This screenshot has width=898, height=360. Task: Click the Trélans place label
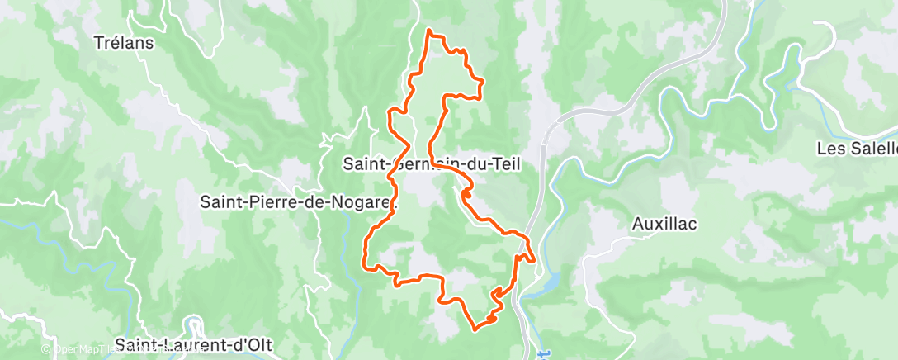(x=124, y=42)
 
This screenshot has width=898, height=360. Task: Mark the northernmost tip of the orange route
(x=429, y=31)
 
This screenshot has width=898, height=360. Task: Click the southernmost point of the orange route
(x=476, y=329)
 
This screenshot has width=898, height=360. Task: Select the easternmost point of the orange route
(x=535, y=262)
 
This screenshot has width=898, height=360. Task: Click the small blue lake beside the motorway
(x=541, y=285)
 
